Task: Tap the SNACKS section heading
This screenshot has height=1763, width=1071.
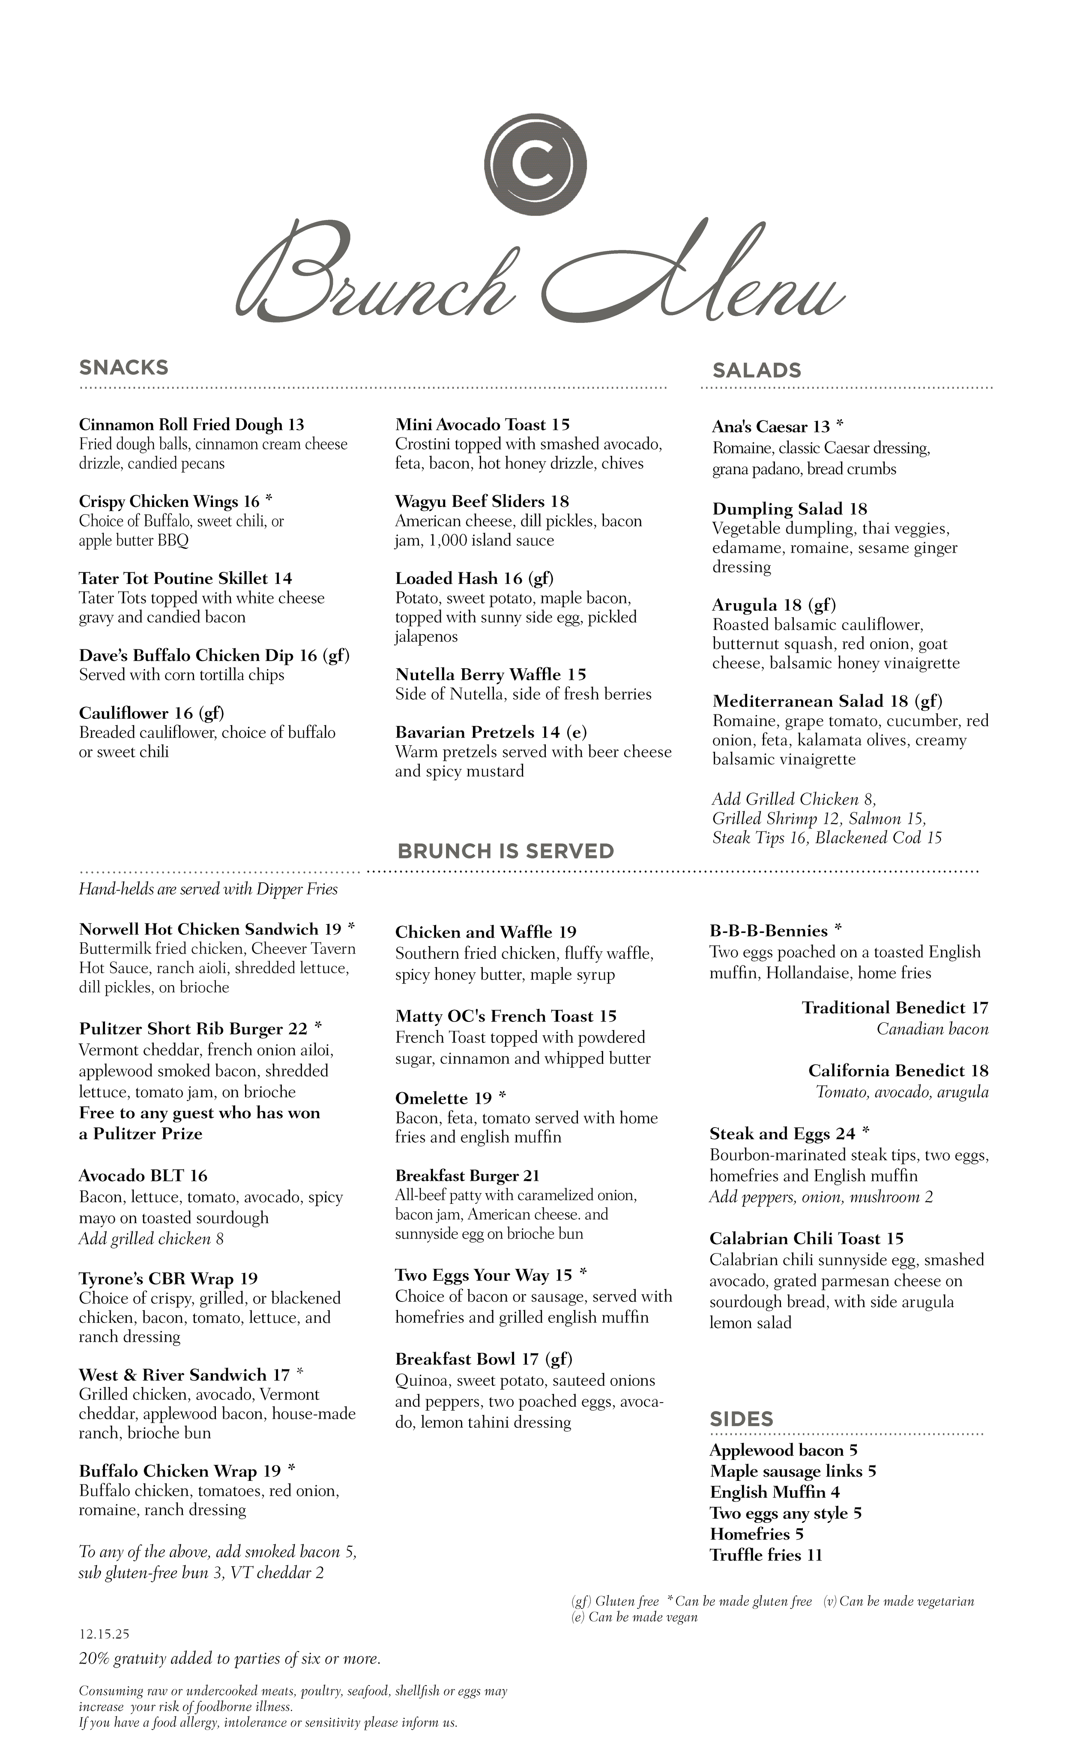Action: point(124,368)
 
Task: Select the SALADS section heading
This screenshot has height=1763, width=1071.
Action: point(757,371)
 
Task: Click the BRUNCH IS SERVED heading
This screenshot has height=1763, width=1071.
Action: point(506,852)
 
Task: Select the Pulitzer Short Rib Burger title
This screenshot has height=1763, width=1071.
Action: point(193,1029)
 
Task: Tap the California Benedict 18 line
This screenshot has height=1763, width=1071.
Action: point(898,1071)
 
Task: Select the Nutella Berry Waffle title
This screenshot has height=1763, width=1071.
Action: point(491,675)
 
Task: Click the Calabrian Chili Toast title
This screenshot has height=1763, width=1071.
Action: point(806,1239)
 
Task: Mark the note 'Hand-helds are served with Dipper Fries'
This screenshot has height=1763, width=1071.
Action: point(208,889)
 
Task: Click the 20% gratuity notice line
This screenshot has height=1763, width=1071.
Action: point(229,1659)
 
